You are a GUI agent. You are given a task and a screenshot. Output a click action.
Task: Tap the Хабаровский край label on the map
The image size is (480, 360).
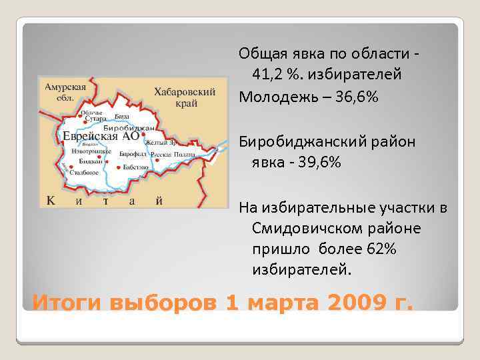pos(185,97)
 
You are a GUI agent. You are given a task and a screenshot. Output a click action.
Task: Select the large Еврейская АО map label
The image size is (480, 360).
pos(101,136)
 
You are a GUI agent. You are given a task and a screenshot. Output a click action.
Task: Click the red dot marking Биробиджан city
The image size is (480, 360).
pos(143,135)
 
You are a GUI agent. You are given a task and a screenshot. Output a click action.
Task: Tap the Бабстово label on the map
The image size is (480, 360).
pos(136,167)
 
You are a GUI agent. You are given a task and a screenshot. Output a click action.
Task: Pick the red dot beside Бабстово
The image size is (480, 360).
pos(119,167)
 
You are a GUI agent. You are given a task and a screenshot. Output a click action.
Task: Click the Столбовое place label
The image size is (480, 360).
pos(84,172)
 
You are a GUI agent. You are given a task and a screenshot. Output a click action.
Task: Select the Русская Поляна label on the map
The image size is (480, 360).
pos(173,154)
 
